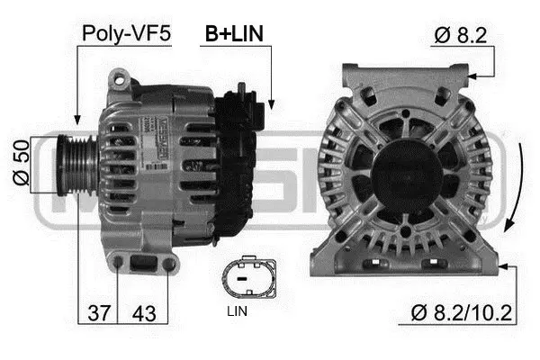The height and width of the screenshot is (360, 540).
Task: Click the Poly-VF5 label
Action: coord(126,33)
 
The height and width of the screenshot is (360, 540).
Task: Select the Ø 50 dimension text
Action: coord(19,164)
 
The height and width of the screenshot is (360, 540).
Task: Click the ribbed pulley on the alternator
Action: coord(78,164)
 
